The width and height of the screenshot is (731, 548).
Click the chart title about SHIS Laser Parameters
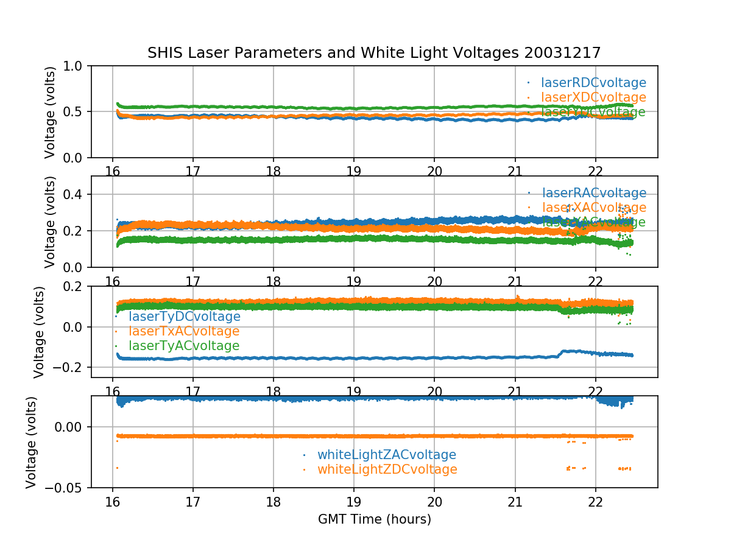coord(374,53)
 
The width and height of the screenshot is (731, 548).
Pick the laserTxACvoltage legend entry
coord(183,331)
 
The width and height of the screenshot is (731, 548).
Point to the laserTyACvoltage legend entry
coord(183,346)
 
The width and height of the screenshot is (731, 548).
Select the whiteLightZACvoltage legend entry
coord(386,455)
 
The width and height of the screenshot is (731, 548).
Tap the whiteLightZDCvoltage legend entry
coord(387,469)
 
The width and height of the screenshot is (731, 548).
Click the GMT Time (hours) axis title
coord(374,519)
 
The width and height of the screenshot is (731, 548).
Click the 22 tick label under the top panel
coord(595,171)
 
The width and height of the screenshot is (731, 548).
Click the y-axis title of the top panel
coord(50,112)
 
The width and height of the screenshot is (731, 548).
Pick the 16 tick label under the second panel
coord(113,281)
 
